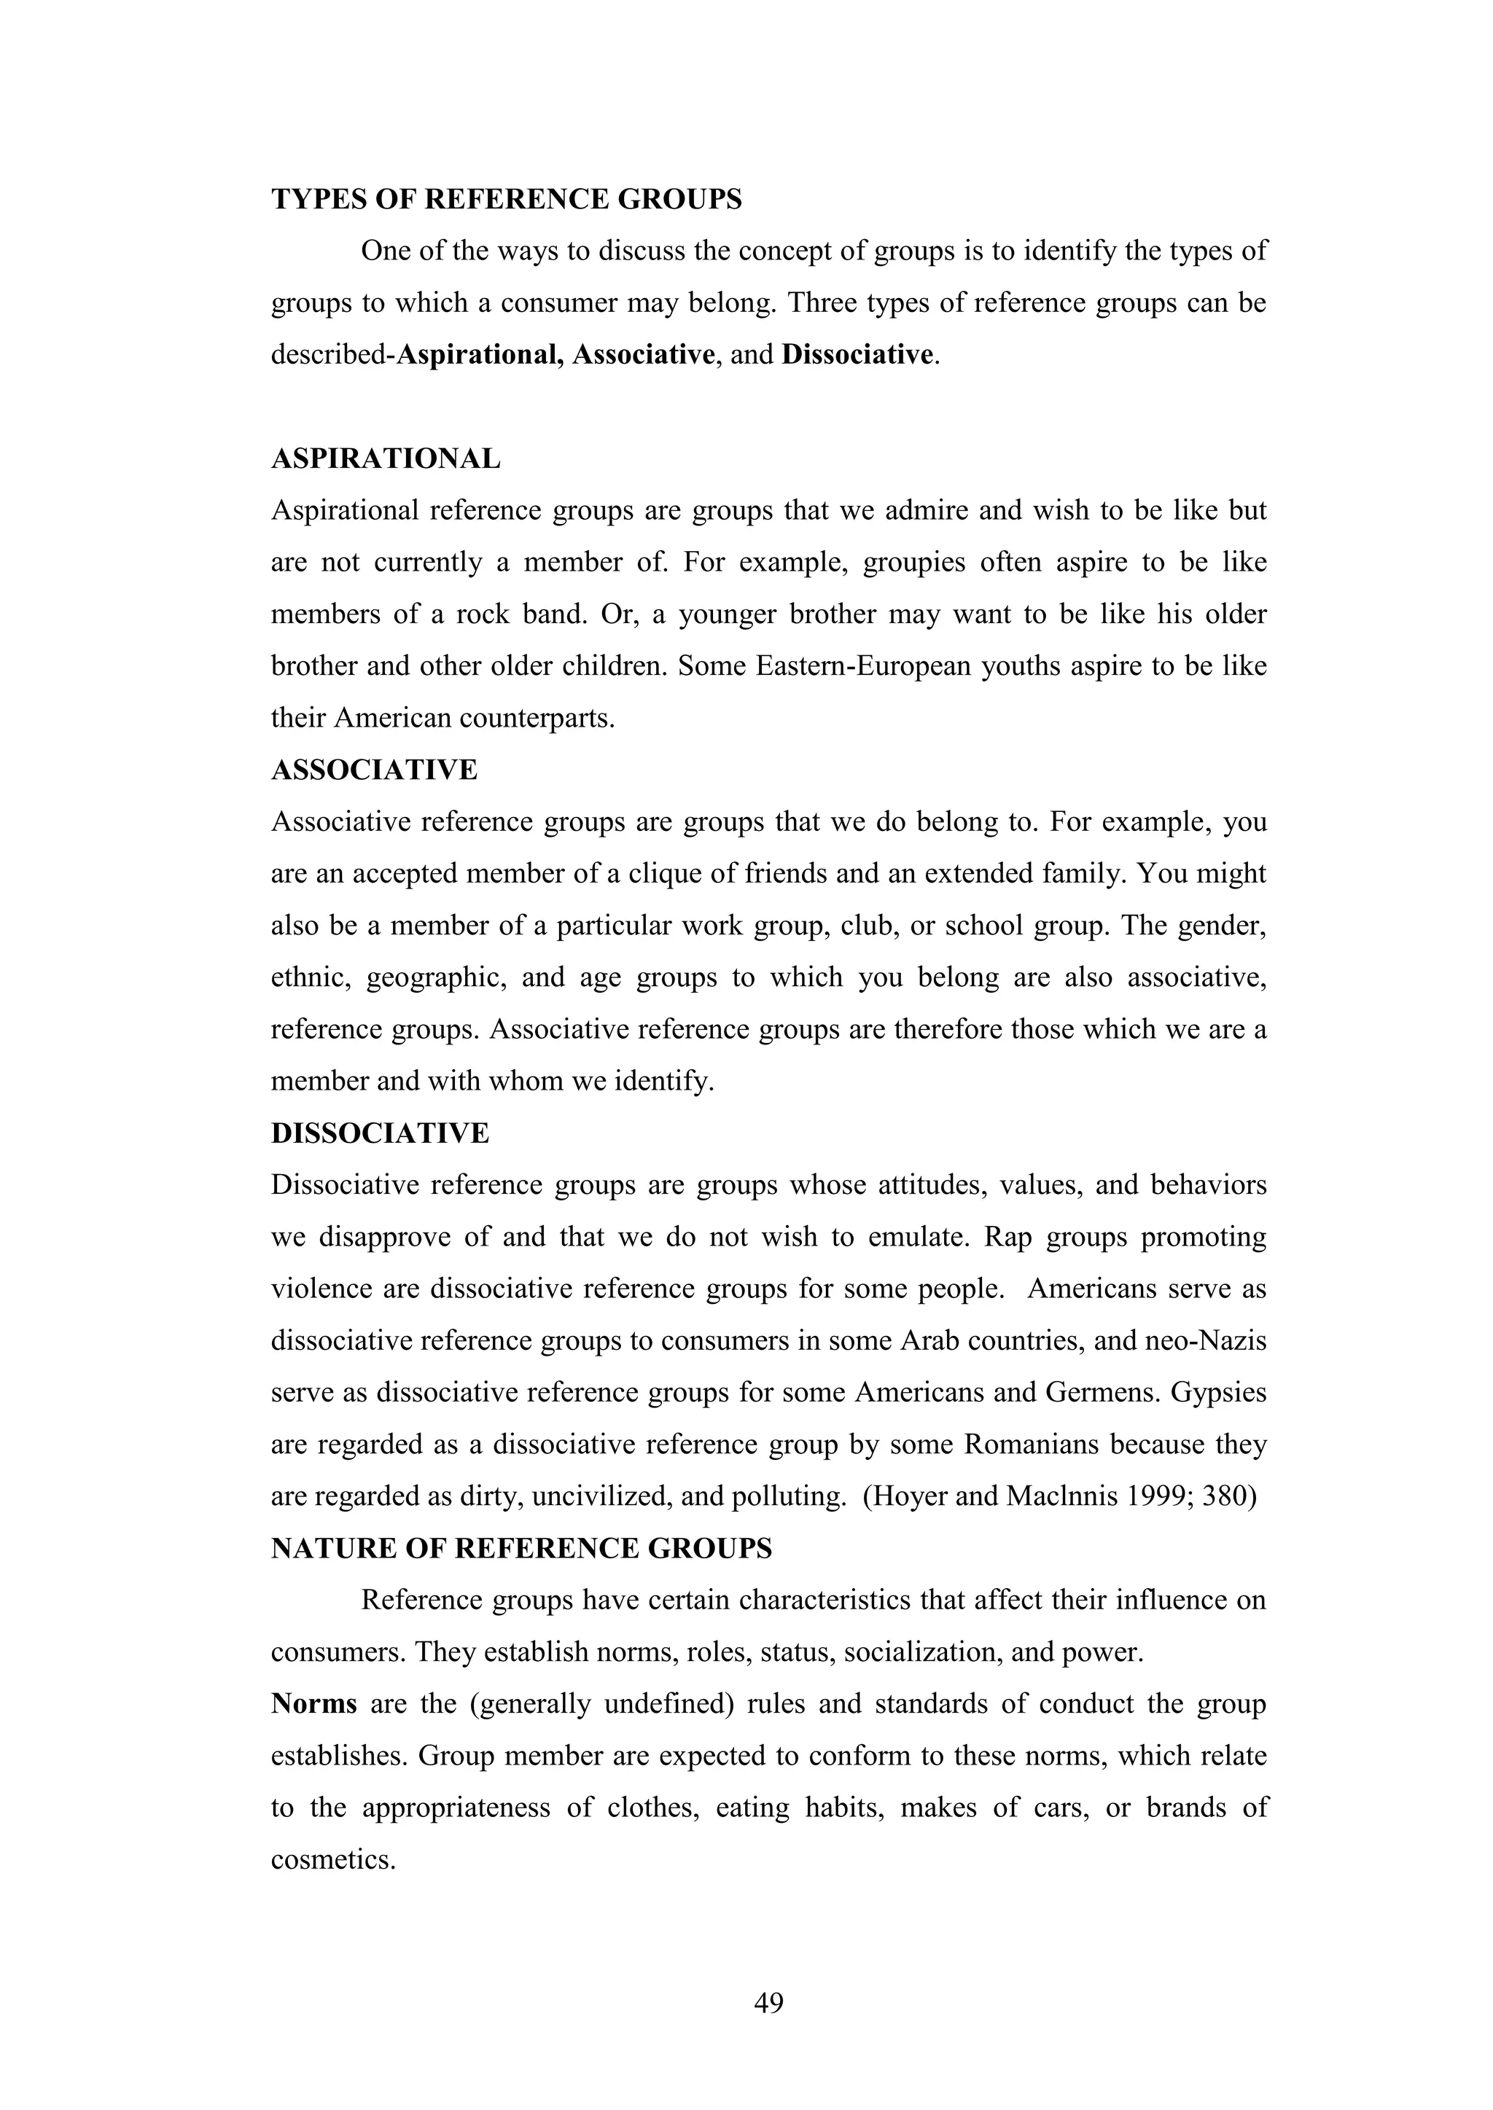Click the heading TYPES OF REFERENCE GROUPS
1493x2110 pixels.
point(507,200)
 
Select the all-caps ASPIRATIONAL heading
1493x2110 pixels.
point(386,458)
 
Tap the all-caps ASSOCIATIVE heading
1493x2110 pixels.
point(374,770)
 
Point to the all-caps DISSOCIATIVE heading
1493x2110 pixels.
point(381,1133)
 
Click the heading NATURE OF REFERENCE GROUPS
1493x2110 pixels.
point(521,1549)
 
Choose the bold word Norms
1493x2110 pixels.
point(314,1704)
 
